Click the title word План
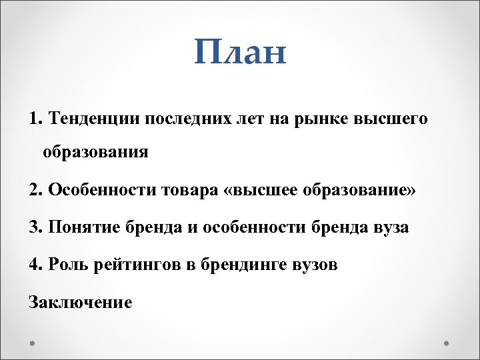pyautogui.click(x=241, y=52)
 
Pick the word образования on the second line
pyautogui.click(x=95, y=153)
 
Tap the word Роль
pyautogui.click(x=69, y=265)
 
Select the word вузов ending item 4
pyautogui.click(x=315, y=265)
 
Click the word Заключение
pyautogui.click(x=81, y=302)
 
